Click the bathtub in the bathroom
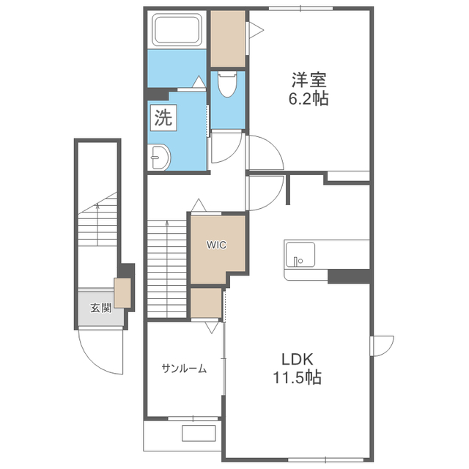(177, 29)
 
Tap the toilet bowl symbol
(227, 84)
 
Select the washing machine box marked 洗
(163, 117)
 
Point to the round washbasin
(160, 157)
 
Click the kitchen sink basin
(300, 254)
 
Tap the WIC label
(217, 245)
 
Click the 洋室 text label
(309, 80)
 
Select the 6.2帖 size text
(309, 98)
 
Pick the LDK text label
(297, 359)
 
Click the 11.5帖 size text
(297, 377)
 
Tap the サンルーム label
(184, 368)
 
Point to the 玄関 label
(101, 308)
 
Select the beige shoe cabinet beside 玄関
(122, 293)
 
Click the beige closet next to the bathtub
(228, 39)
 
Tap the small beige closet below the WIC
(207, 303)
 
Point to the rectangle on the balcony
(199, 433)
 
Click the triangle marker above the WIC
(199, 205)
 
